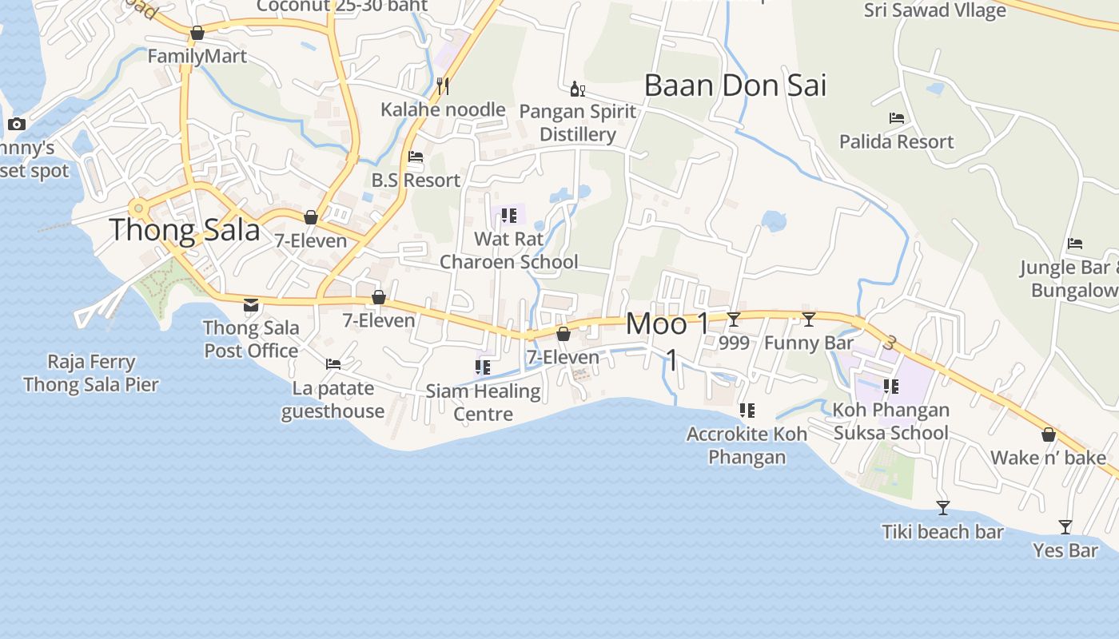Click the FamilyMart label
(x=197, y=56)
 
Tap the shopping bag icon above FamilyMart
(x=197, y=33)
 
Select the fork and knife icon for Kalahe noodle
(x=443, y=85)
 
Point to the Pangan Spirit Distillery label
(x=578, y=122)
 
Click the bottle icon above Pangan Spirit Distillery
(x=577, y=88)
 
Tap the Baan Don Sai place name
(x=735, y=85)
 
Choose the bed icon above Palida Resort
(x=897, y=118)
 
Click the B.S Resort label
(x=416, y=180)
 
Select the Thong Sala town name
(x=185, y=230)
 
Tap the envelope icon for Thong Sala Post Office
(x=251, y=304)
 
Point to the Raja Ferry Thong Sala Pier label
(x=91, y=373)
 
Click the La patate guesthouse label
(x=333, y=399)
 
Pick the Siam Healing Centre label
(x=484, y=402)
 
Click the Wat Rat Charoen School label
(x=509, y=250)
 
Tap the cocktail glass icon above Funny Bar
(x=809, y=319)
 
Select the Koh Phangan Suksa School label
(x=891, y=421)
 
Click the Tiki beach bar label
(x=942, y=531)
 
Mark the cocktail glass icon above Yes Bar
(x=1065, y=526)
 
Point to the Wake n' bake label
(x=1049, y=458)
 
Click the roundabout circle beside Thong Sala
(x=139, y=208)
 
